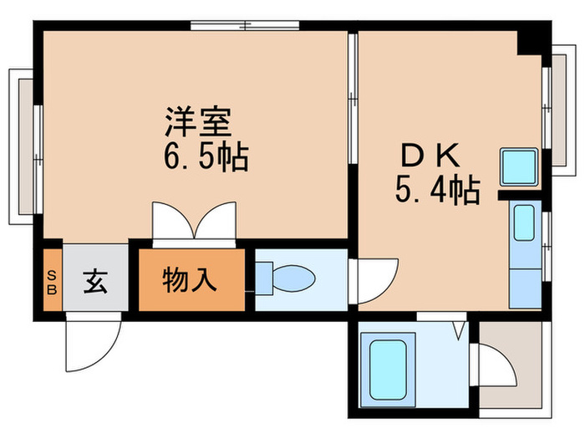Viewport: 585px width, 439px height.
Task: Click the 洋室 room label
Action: (x=197, y=122)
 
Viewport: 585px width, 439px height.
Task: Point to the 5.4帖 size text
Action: (x=437, y=192)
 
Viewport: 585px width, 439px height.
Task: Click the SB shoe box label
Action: (x=52, y=280)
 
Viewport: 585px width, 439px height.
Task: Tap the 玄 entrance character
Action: (x=94, y=280)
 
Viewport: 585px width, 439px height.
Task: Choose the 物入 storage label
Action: (x=191, y=280)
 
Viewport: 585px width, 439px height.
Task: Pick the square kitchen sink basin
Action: (x=520, y=166)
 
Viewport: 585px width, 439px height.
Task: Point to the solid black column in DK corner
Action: (x=529, y=43)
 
